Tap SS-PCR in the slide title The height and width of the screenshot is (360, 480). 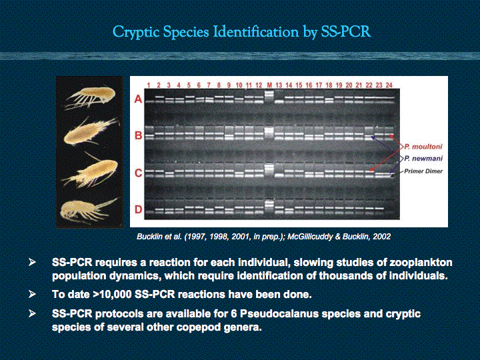pos(345,31)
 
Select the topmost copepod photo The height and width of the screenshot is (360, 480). pos(91,97)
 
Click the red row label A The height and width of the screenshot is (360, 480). pos(138,99)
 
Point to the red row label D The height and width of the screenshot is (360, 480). pos(139,209)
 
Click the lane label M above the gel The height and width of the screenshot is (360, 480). pos(269,85)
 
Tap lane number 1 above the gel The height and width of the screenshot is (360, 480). pos(149,85)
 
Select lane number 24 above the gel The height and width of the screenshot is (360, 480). pos(389,85)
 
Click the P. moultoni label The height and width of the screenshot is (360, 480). pos(423,147)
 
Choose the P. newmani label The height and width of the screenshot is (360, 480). pos(423,158)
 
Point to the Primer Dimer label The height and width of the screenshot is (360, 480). pos(423,171)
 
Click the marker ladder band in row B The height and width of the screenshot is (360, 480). pos(269,133)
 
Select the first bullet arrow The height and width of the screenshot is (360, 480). pos(32,263)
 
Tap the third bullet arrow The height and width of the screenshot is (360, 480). pos(32,314)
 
